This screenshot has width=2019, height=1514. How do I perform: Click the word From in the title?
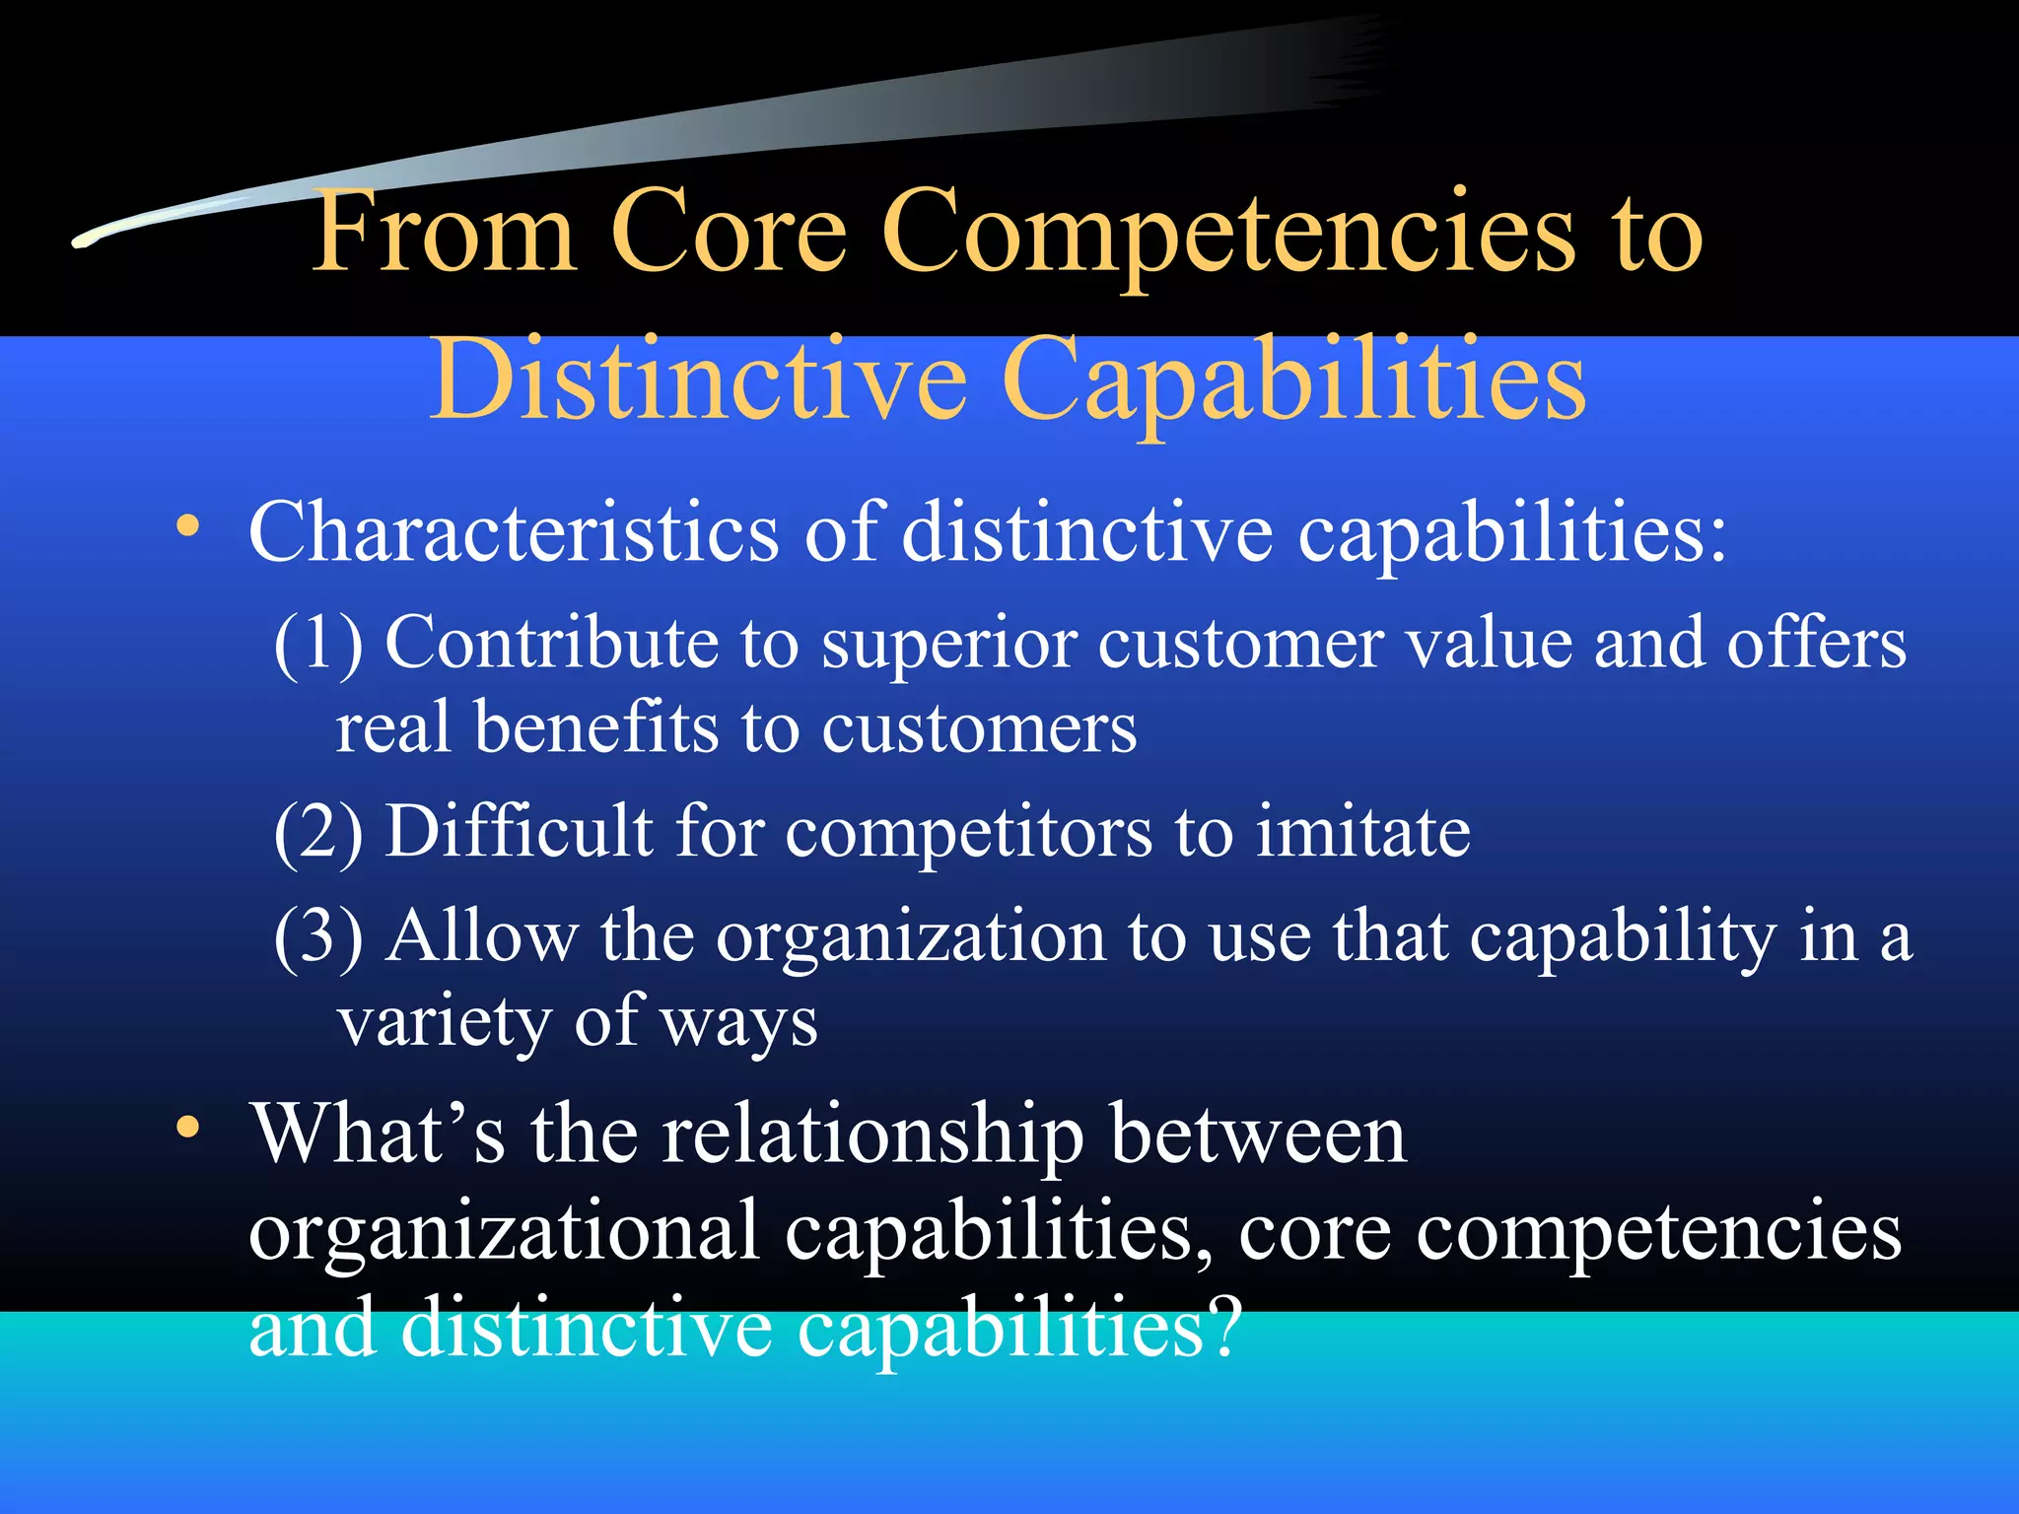(444, 232)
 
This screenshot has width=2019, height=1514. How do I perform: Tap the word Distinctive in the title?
(699, 380)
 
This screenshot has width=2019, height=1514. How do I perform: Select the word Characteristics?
(514, 532)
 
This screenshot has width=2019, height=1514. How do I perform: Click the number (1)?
(317, 643)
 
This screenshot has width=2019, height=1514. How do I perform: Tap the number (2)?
(317, 832)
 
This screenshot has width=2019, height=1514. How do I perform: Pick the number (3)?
(317, 935)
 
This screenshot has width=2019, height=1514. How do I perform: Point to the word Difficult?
(519, 830)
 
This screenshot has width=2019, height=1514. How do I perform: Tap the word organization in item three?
(911, 937)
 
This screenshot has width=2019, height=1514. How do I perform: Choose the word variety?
(444, 1021)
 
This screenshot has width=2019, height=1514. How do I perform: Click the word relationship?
(872, 1135)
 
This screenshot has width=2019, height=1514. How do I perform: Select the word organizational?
(504, 1231)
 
